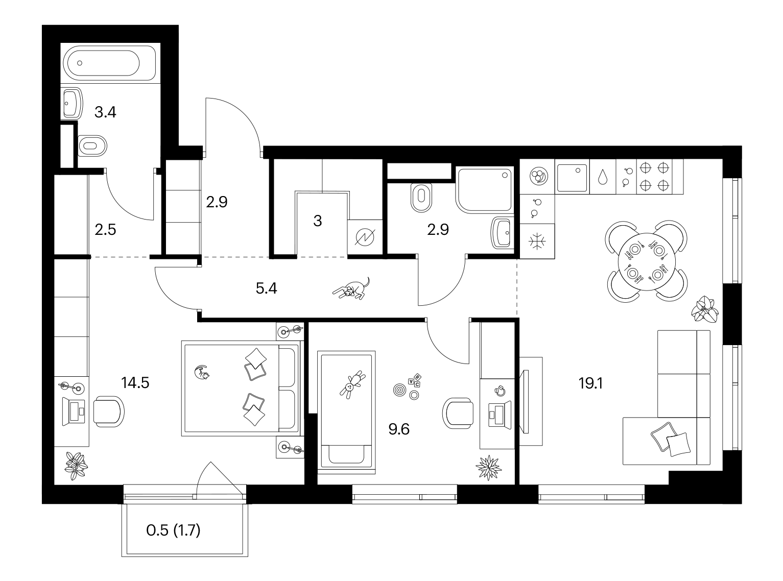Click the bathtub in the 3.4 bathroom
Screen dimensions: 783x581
pos(109,63)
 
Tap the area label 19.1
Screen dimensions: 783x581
pos(590,383)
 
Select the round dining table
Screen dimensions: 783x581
pos(647,261)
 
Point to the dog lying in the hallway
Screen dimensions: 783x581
pos(351,288)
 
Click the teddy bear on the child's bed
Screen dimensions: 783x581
pos(352,384)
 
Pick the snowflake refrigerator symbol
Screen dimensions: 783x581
pos(537,241)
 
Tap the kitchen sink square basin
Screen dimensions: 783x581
pos(572,178)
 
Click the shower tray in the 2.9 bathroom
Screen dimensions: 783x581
pos(485,190)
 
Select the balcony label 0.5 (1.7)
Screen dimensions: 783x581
pos(173,530)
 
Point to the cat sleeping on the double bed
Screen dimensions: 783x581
pos(202,372)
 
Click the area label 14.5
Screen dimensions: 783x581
pos(135,382)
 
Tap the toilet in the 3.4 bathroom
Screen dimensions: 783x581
pos(92,146)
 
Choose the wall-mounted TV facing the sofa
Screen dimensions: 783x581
pos(526,401)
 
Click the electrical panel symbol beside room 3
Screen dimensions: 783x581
pos(365,237)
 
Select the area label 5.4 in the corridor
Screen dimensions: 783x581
pos(266,289)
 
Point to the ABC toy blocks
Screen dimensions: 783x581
pos(415,380)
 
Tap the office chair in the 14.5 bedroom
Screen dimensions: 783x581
pos(109,411)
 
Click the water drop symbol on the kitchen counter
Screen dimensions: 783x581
pos(603,177)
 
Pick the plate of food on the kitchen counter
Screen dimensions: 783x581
pos(539,176)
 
